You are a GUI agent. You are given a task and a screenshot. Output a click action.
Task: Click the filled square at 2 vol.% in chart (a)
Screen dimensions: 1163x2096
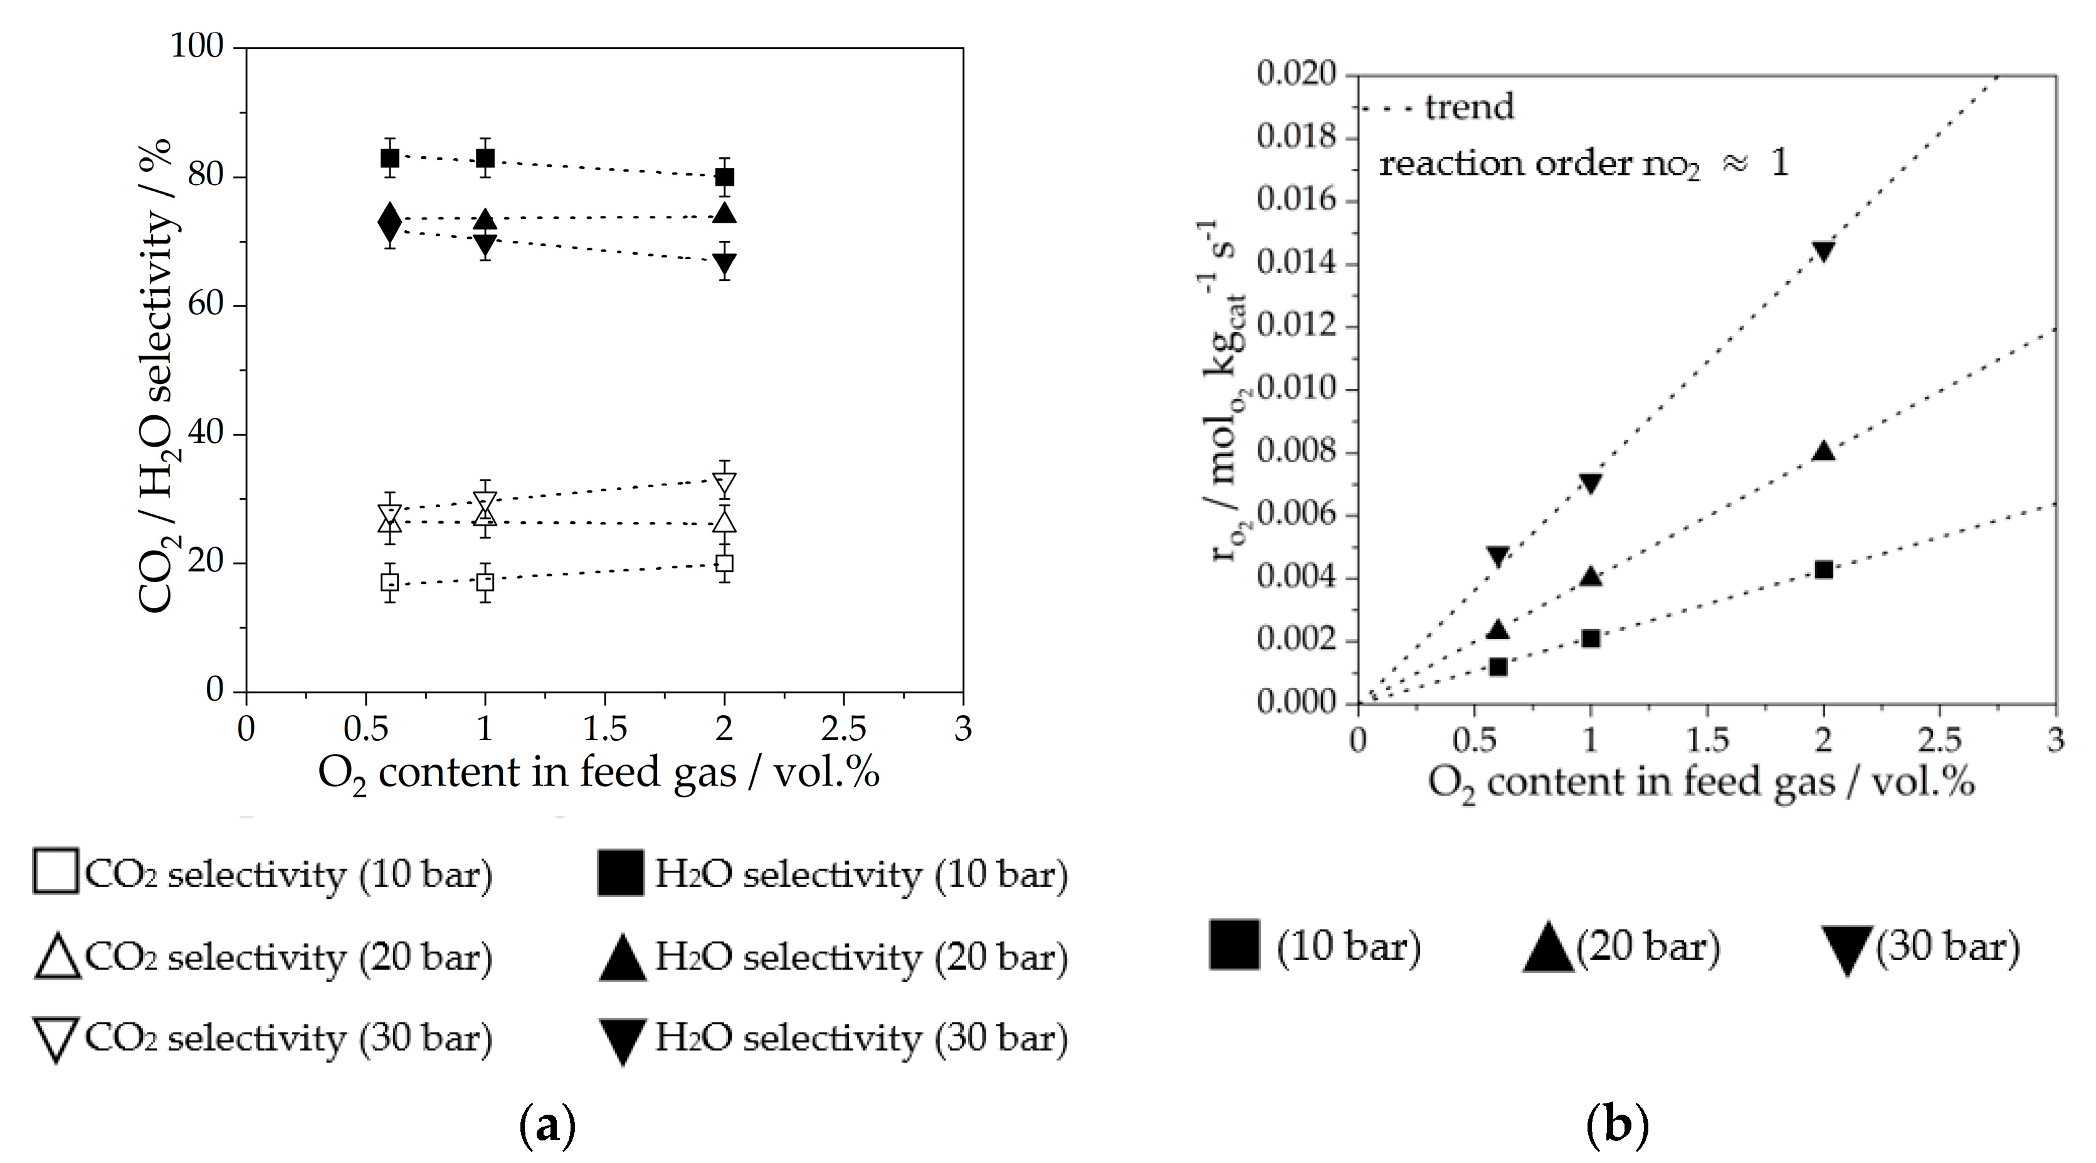(x=724, y=177)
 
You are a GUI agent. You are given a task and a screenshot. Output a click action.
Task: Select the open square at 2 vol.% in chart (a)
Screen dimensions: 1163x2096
(x=724, y=563)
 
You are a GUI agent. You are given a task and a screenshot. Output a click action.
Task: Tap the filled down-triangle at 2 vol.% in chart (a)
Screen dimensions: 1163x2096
(x=724, y=263)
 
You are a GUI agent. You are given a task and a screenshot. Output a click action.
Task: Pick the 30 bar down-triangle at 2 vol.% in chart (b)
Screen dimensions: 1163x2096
(x=1823, y=251)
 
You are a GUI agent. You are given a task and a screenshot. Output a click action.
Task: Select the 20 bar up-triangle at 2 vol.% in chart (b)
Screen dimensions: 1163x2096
(x=1823, y=451)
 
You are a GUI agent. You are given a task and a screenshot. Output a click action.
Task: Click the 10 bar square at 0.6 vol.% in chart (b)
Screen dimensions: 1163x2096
(x=1497, y=667)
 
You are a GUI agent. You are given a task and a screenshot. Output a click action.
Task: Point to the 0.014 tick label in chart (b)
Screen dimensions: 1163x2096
(x=1296, y=263)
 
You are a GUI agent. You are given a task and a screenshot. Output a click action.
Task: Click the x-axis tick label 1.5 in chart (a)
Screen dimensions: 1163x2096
(x=604, y=729)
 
